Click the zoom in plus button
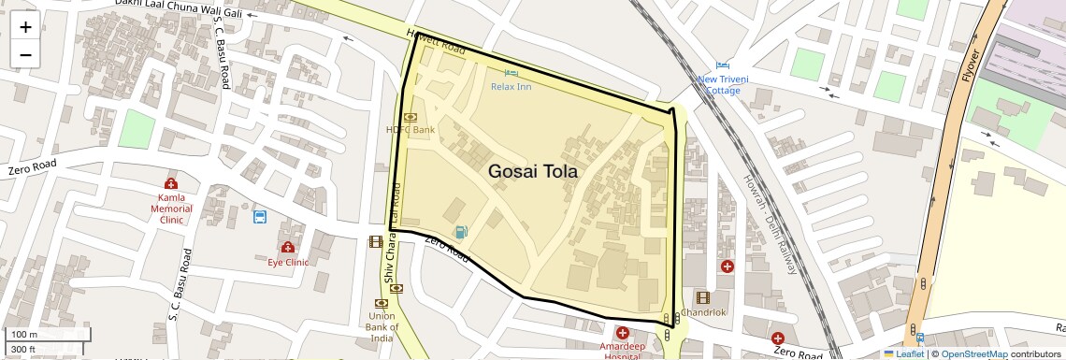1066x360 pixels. tap(25, 26)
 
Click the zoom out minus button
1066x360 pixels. tap(25, 54)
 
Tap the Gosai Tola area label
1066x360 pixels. tap(533, 172)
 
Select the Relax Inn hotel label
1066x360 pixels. tap(511, 86)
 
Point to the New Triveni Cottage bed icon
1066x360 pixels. tap(722, 65)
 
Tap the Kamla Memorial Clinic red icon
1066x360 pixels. tap(171, 183)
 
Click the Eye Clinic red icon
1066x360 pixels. tap(288, 248)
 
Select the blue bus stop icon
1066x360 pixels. tap(259, 217)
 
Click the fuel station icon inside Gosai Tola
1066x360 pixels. tap(459, 231)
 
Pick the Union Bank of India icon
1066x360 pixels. tap(382, 303)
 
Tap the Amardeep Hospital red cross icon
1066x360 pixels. tap(622, 333)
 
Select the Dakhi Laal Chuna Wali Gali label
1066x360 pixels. tap(179, 8)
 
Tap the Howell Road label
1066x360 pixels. tap(436, 41)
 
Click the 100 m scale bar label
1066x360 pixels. tap(24, 334)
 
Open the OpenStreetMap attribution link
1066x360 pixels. tap(974, 354)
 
